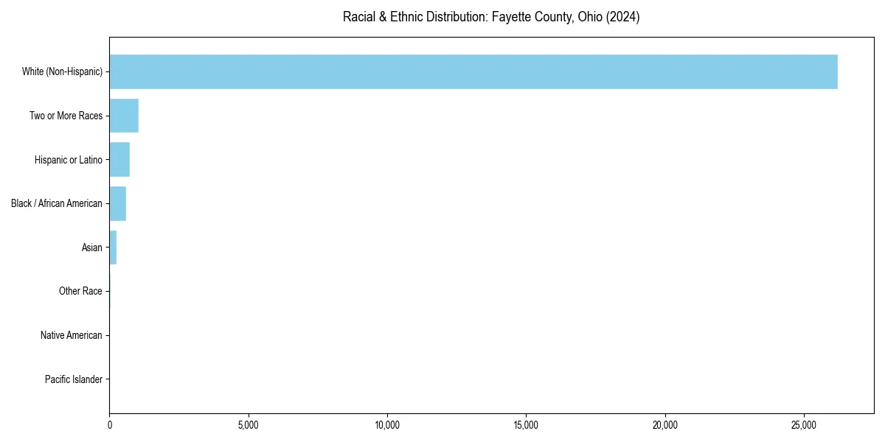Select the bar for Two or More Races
click(124, 116)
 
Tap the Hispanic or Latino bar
click(119, 160)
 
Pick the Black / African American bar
click(118, 203)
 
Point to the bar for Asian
click(113, 248)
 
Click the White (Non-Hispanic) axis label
click(62, 71)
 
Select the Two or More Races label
click(66, 116)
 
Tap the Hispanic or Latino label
click(68, 160)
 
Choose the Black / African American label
click(57, 203)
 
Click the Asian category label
click(92, 248)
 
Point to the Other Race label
click(80, 292)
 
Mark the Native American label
click(72, 336)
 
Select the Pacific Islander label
click(74, 379)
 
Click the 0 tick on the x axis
click(110, 425)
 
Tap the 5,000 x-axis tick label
click(249, 425)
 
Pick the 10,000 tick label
click(387, 425)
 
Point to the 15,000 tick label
click(526, 425)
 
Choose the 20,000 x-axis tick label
click(665, 425)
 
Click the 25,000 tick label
click(804, 425)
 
